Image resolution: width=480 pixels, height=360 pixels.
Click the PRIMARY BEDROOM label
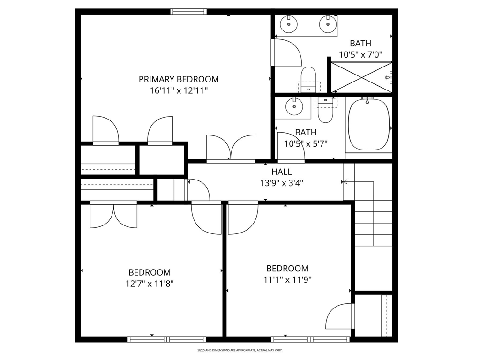click(179, 79)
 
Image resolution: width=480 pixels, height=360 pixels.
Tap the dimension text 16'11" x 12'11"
click(179, 90)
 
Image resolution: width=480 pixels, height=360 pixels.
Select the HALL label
click(282, 172)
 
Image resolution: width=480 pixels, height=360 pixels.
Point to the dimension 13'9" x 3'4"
click(282, 183)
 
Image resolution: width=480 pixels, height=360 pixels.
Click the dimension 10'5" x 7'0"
click(360, 55)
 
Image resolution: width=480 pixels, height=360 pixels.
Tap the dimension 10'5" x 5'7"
click(306, 143)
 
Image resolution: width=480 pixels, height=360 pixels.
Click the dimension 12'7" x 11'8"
click(150, 284)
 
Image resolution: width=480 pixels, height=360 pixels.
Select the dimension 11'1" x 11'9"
click(287, 280)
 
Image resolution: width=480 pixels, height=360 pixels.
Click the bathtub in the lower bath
click(369, 124)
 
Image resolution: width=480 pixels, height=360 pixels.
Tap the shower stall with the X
click(361, 77)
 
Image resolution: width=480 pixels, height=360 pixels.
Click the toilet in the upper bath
click(308, 79)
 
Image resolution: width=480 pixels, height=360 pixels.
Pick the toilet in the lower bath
click(325, 110)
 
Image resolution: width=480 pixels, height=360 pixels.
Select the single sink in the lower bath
click(294, 106)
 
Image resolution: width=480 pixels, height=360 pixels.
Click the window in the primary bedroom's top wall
click(188, 12)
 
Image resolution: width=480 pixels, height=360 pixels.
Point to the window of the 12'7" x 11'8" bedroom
click(166, 339)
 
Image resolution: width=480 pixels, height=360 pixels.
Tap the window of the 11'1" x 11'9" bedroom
click(310, 339)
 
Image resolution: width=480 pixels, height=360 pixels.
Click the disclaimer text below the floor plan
click(240, 350)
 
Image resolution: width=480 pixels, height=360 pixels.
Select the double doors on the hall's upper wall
click(231, 148)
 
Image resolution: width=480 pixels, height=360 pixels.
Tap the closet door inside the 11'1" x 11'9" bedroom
click(340, 316)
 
